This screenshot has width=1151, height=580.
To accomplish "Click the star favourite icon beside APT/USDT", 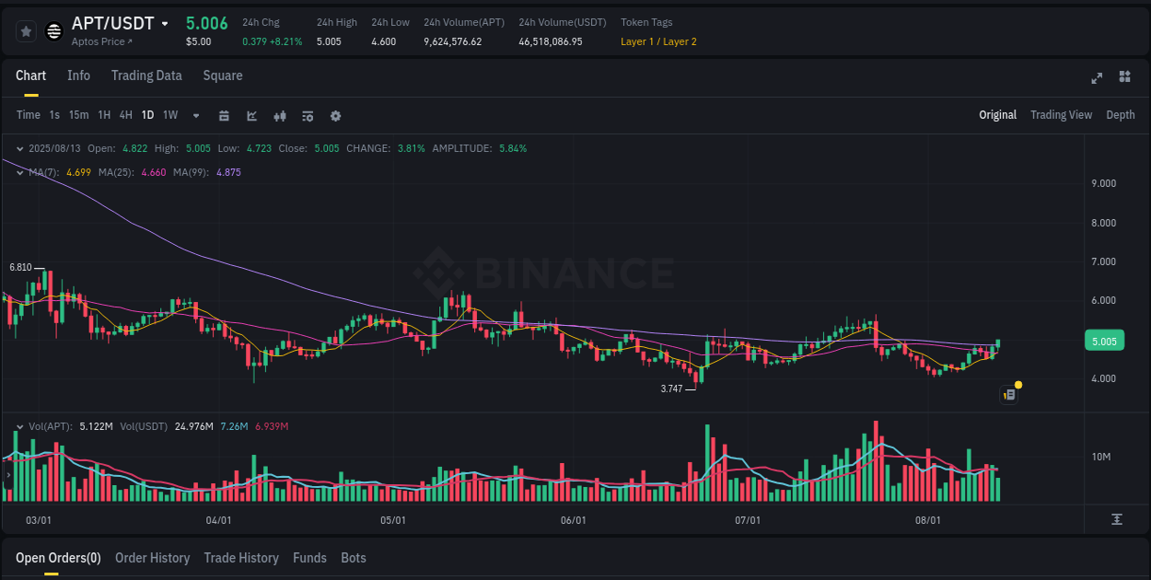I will click(26, 31).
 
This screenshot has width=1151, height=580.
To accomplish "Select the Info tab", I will click(78, 75).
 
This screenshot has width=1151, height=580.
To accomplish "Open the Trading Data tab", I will click(146, 75).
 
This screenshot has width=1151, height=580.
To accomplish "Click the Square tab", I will click(223, 75).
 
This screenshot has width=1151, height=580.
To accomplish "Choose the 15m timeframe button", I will click(79, 115).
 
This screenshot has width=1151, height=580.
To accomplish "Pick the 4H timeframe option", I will click(126, 115).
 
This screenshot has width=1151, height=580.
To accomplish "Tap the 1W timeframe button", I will click(170, 115).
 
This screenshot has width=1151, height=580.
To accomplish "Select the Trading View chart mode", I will click(1061, 115).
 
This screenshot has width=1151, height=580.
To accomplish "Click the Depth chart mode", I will click(1120, 115).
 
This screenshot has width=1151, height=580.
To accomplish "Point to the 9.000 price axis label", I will click(1103, 183).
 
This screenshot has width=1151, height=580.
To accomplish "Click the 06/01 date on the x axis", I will click(573, 520).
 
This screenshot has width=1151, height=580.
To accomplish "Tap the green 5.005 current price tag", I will click(1104, 342).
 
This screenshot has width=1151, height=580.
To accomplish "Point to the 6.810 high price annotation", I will click(20, 267).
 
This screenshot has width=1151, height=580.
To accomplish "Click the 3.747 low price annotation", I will click(671, 389).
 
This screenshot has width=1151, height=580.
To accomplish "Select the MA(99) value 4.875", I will click(228, 172).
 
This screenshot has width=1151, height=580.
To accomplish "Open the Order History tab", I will click(152, 558).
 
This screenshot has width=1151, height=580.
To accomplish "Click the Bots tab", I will click(354, 558).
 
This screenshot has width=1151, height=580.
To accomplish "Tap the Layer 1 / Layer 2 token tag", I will click(658, 41).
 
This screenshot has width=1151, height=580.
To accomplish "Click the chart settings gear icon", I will click(335, 116).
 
